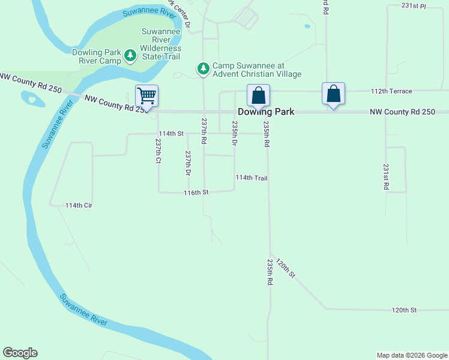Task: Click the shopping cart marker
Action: pyautogui.click(x=146, y=96)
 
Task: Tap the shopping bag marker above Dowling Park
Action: pyautogui.click(x=258, y=95)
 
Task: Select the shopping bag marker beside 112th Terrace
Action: pyautogui.click(x=334, y=94)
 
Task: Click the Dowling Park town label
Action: pyautogui.click(x=266, y=112)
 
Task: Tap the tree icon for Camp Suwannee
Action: pyautogui.click(x=203, y=69)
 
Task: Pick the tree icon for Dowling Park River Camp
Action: pyautogui.click(x=130, y=56)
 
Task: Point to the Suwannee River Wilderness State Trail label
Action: pyautogui.click(x=161, y=44)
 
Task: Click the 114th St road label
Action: pyautogui.click(x=170, y=133)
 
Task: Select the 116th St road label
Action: pyautogui.click(x=196, y=193)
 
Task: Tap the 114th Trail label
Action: pyautogui.click(x=252, y=178)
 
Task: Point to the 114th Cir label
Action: pyautogui.click(x=79, y=205)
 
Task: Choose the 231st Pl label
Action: pyautogui.click(x=414, y=5)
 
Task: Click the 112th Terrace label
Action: pyautogui.click(x=391, y=91)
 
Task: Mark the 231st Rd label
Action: pyautogui.click(x=386, y=177)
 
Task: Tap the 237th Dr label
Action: pyautogui.click(x=188, y=163)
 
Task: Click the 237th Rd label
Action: pyautogui.click(x=204, y=131)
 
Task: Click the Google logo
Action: pyautogui.click(x=20, y=353)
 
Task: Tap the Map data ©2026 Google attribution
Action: pyautogui.click(x=412, y=355)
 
